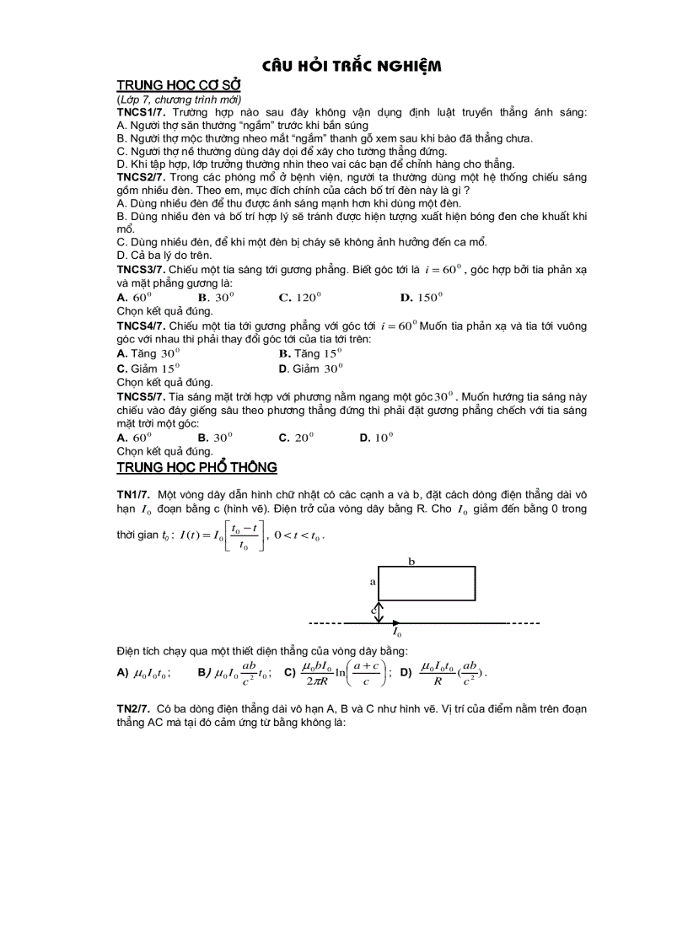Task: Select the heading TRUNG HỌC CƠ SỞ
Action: point(179,86)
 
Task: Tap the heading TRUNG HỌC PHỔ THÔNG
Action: point(196,467)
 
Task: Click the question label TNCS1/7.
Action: point(141,112)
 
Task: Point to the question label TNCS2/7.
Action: point(141,177)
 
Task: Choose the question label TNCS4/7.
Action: point(141,326)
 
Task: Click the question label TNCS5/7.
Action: point(141,395)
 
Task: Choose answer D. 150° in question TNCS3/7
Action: point(421,297)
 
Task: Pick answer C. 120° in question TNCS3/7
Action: point(300,297)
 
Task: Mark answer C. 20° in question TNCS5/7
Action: point(296,438)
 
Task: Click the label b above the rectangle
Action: point(411,560)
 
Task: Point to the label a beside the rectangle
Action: point(372,582)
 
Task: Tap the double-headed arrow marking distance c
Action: point(379,611)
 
